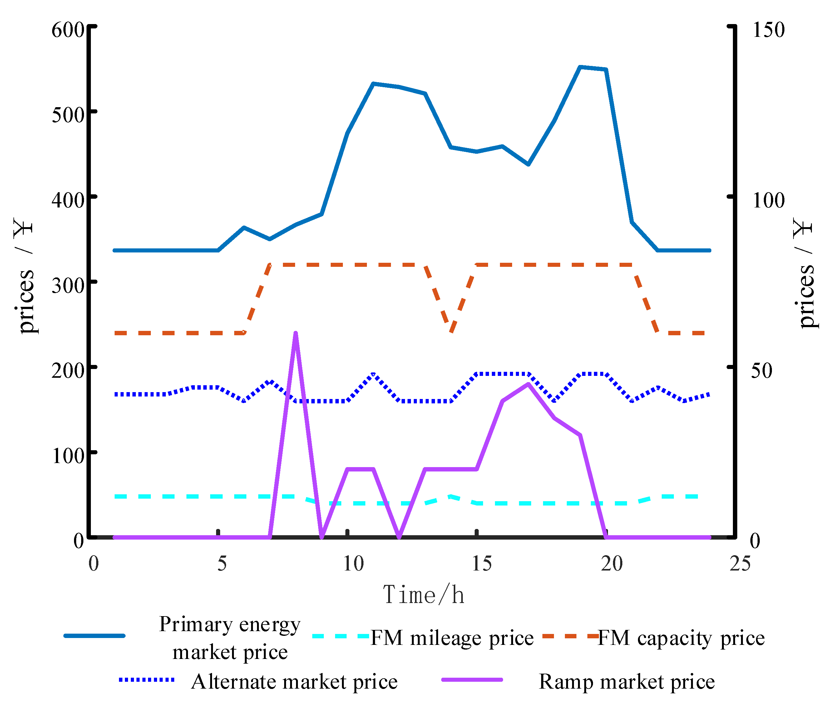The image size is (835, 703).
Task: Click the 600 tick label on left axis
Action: [x=68, y=30]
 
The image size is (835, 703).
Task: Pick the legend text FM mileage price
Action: [x=452, y=638]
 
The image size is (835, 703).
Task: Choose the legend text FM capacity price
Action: [x=681, y=638]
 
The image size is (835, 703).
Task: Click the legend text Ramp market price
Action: [x=627, y=681]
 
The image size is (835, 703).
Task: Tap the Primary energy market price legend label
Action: [x=230, y=638]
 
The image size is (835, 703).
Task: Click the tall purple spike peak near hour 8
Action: [x=295, y=333]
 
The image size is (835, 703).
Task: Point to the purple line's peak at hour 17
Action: [x=528, y=384]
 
